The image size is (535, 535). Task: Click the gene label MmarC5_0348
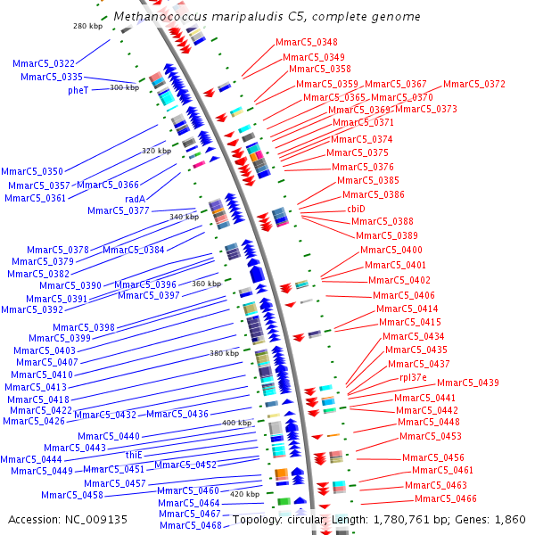(x=306, y=43)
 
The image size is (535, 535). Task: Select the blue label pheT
(x=79, y=90)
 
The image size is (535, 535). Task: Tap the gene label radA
(x=136, y=199)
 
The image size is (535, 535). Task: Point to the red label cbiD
(x=356, y=209)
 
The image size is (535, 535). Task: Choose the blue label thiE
(x=134, y=455)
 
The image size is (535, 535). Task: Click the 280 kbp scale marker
(x=86, y=27)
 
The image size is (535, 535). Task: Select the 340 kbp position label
(x=185, y=217)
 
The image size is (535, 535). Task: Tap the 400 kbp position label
(x=236, y=423)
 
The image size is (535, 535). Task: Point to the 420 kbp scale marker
(x=244, y=494)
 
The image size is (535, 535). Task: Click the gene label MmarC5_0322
(x=44, y=64)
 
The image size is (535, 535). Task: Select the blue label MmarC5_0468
(x=190, y=525)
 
